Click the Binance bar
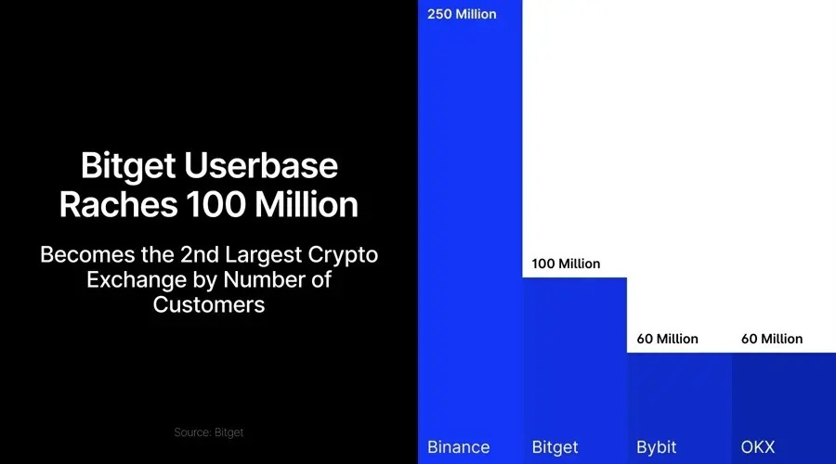(x=470, y=232)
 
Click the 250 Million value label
(x=462, y=14)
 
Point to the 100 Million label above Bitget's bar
(x=566, y=264)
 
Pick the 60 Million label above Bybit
(x=667, y=339)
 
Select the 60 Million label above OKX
(x=772, y=339)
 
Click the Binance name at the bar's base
(x=458, y=447)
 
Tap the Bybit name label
(x=657, y=447)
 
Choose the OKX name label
(x=758, y=447)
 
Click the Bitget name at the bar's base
(x=555, y=447)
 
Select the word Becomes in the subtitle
(x=85, y=255)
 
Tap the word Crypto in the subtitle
(x=345, y=255)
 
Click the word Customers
(x=209, y=304)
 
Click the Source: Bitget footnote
(x=208, y=432)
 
